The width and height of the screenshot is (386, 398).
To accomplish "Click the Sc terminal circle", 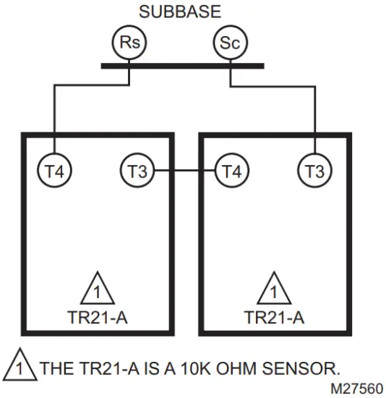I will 229,43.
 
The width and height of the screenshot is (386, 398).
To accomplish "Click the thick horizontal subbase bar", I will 180,66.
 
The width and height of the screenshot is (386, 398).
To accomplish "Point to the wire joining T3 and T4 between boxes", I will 184,172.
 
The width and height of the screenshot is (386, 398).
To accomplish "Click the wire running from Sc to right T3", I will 315,109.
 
